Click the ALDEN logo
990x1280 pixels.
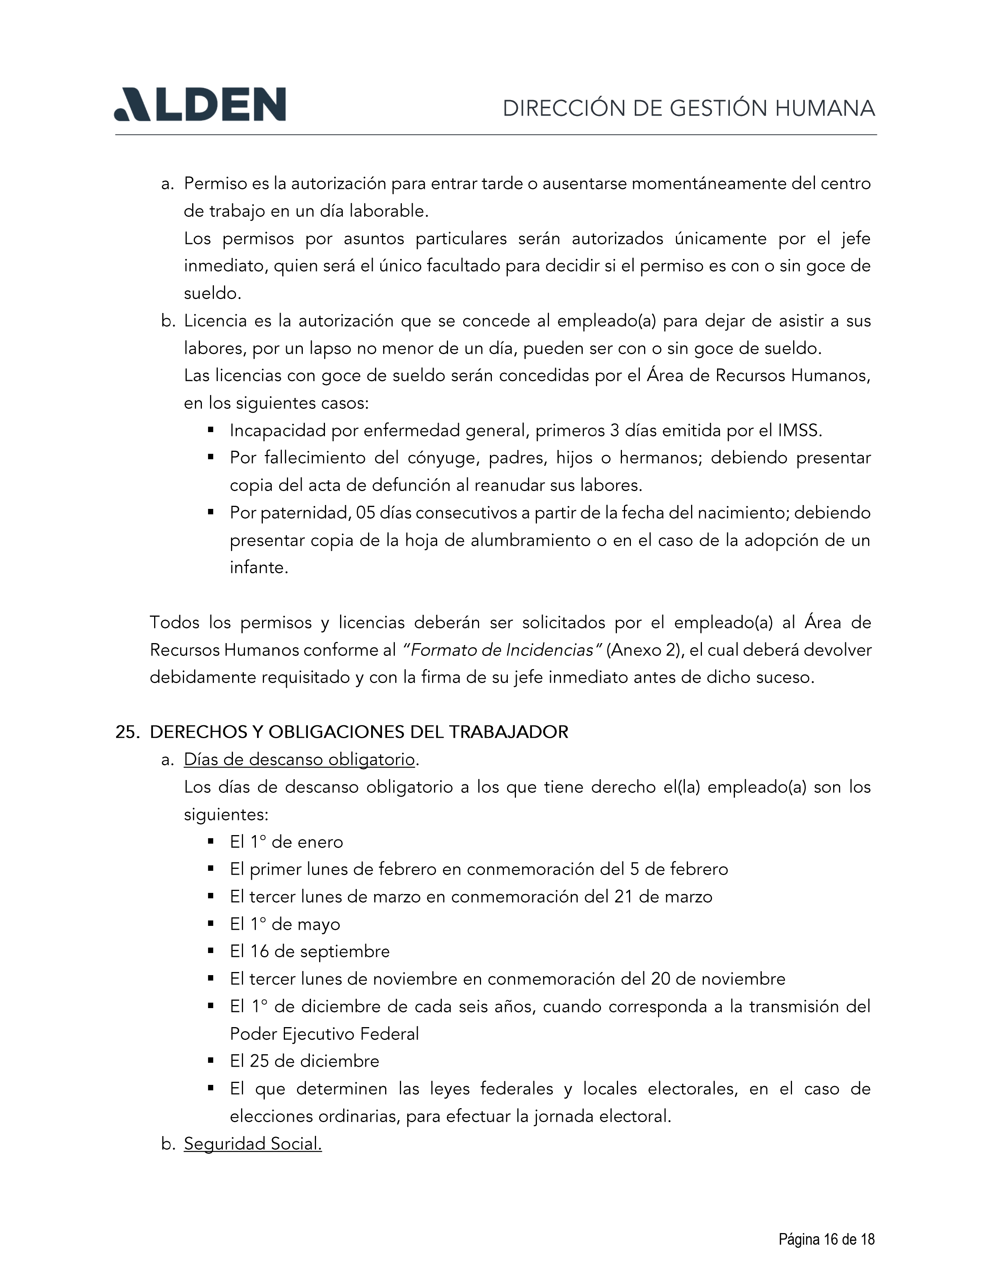point(200,104)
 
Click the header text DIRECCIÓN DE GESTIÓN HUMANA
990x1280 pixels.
point(689,109)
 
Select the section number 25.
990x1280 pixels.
point(126,732)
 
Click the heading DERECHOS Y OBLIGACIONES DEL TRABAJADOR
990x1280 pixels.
point(359,732)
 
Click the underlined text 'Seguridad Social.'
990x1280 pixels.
point(253,1143)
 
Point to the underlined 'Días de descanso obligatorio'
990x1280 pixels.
point(299,759)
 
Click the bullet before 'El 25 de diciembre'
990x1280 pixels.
point(210,1061)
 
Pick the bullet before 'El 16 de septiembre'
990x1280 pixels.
point(210,951)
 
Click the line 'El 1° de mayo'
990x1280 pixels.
point(285,924)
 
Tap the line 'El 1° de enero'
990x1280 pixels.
point(286,842)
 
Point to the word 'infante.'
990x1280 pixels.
point(259,567)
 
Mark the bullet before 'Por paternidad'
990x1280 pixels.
point(210,512)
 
